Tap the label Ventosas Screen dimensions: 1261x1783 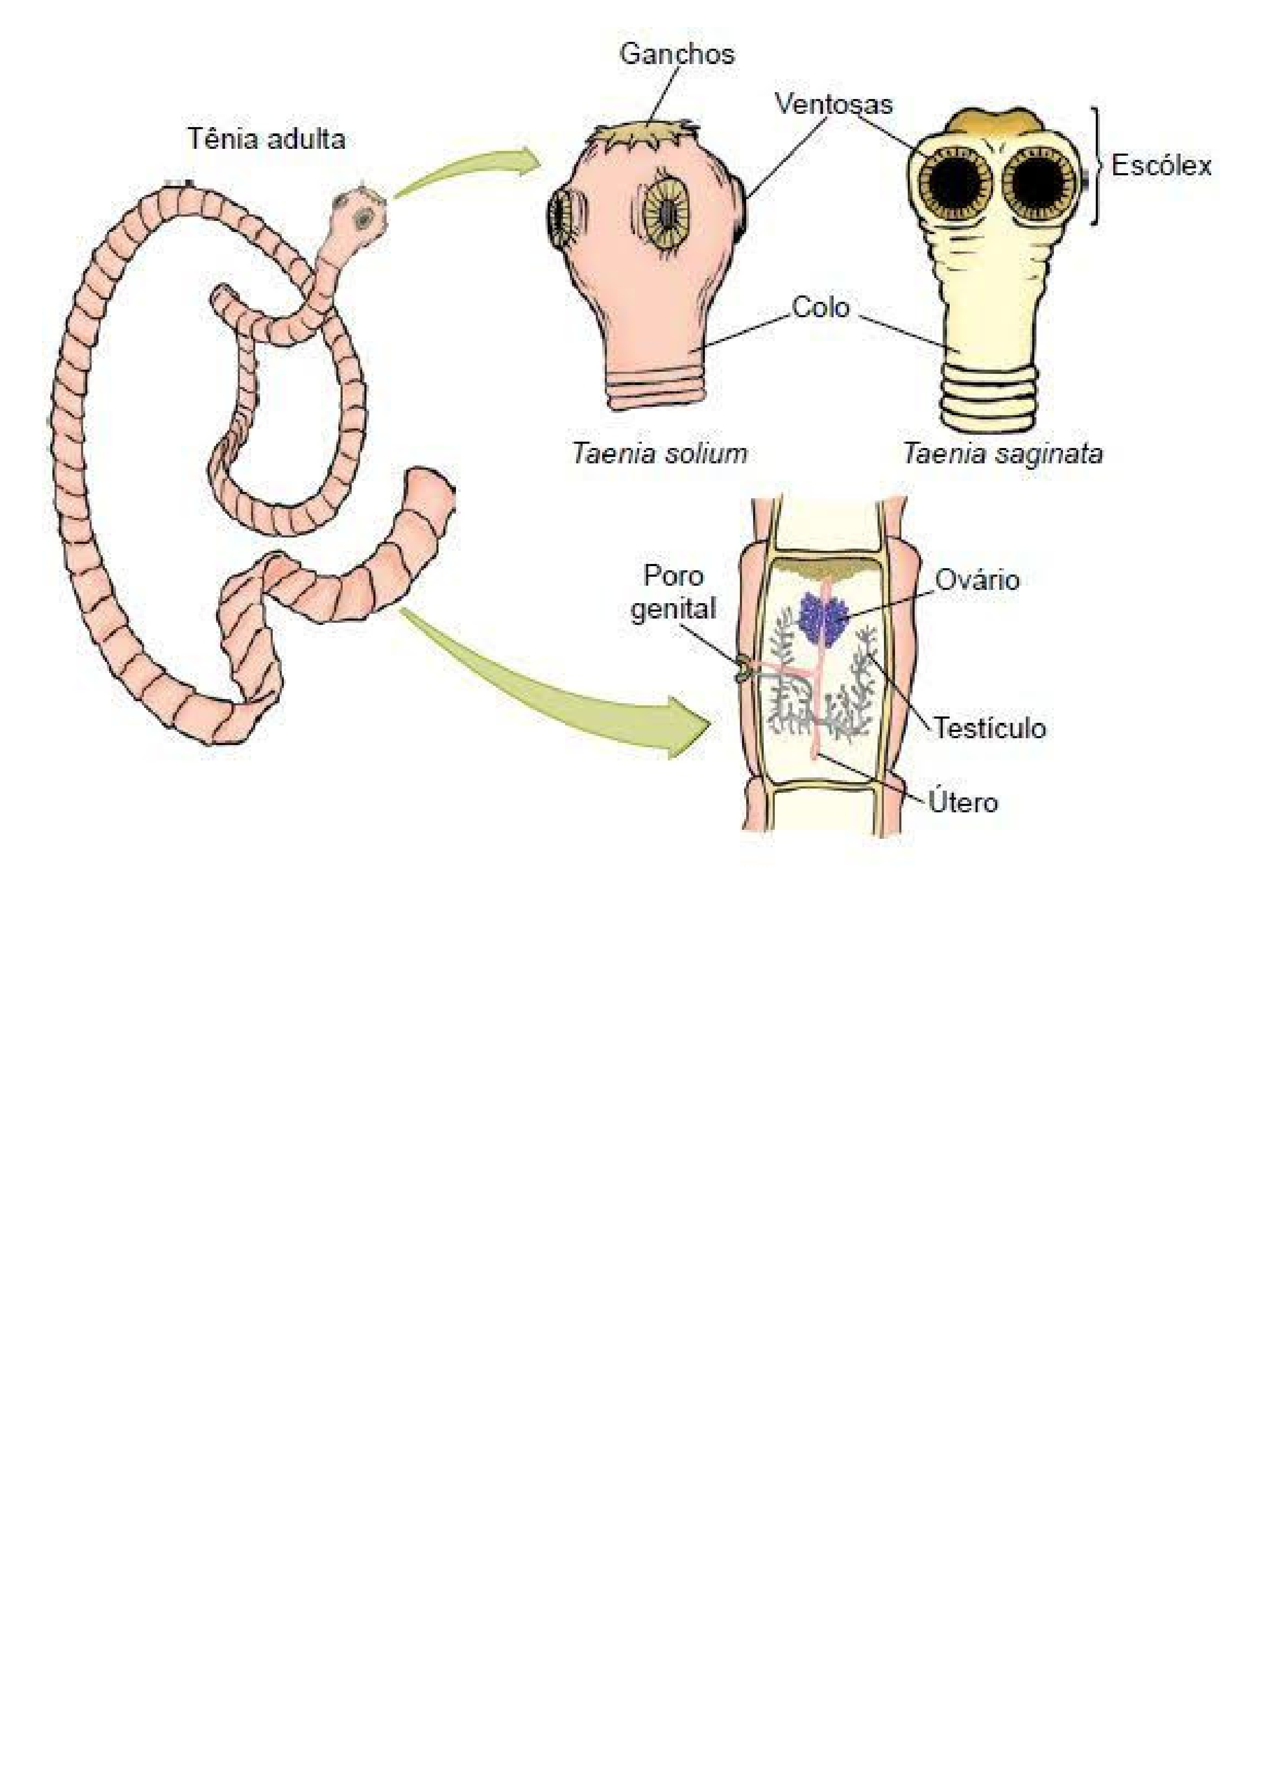833,104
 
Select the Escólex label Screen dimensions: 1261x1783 1161,165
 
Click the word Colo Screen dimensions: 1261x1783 821,308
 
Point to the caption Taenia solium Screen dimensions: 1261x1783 659,453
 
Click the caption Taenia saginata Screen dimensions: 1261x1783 1001,453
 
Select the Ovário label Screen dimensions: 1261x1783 977,580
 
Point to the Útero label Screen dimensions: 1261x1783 963,802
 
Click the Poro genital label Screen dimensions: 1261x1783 673,593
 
